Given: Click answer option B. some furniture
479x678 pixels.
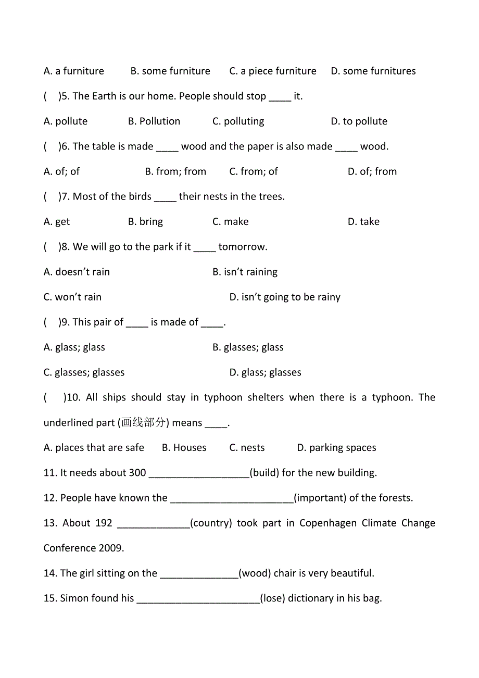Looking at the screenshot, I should [x=170, y=71].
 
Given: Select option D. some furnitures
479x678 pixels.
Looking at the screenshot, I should [x=373, y=71].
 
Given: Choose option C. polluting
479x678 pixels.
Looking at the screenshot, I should [x=238, y=121].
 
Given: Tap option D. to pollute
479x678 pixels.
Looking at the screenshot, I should [x=359, y=121].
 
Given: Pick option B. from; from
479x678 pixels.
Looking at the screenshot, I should [x=175, y=171].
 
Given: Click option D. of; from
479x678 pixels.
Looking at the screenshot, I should [x=372, y=171].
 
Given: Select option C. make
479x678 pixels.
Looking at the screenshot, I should [x=230, y=222].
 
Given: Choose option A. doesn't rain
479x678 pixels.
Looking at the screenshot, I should [x=77, y=272].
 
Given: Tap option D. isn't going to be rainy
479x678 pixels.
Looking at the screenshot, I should [x=284, y=297].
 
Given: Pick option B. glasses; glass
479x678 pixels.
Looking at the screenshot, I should [x=248, y=347].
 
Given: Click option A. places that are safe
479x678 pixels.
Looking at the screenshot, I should [x=94, y=448].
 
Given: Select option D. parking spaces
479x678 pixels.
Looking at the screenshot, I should [x=336, y=448].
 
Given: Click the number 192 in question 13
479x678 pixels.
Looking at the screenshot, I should [x=104, y=523].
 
